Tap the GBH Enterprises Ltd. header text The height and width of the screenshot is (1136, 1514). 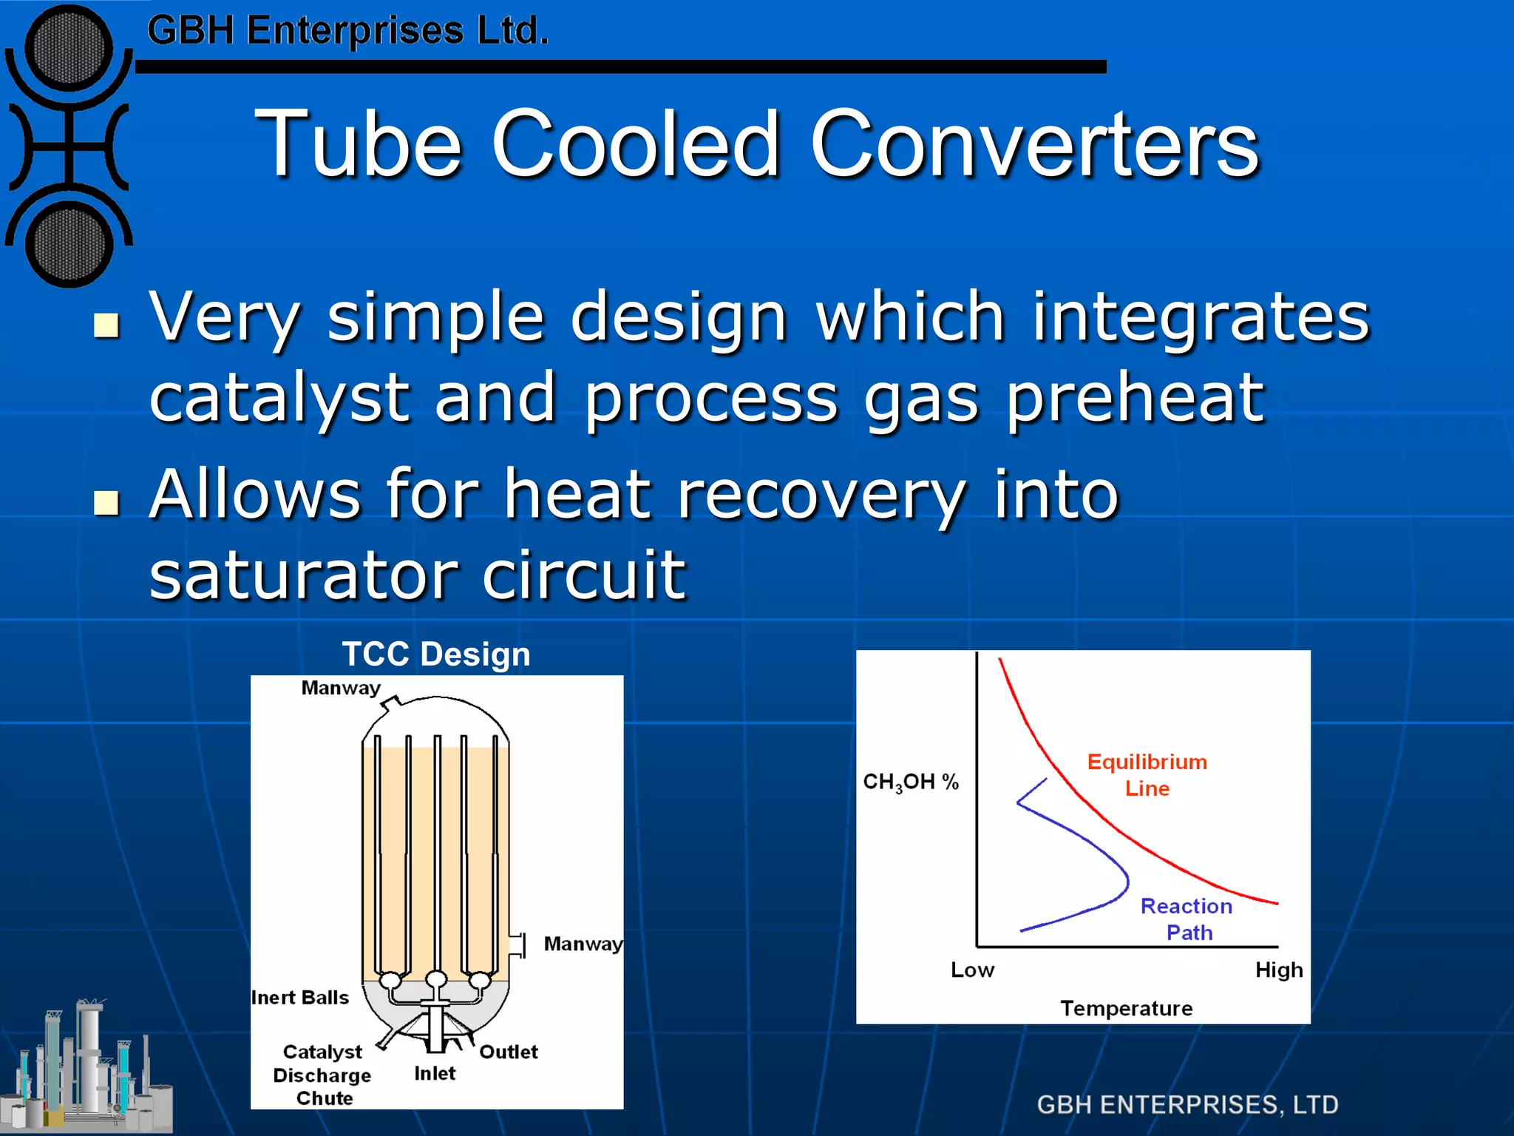[x=347, y=31]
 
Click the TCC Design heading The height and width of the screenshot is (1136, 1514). [x=436, y=655]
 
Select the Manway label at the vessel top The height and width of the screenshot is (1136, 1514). [x=341, y=689]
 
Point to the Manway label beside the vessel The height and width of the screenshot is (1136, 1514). [x=583, y=944]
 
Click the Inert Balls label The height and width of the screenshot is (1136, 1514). [x=300, y=998]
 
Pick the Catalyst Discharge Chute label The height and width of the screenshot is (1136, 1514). [x=323, y=1075]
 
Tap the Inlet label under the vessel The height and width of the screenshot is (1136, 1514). [x=435, y=1074]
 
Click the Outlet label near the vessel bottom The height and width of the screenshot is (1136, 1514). [x=509, y=1052]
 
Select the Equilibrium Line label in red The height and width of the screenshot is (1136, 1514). [x=1147, y=775]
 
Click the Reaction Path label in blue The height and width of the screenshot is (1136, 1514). [x=1187, y=919]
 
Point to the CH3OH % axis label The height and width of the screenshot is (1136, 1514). [x=911, y=782]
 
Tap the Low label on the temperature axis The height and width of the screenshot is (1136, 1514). [x=972, y=970]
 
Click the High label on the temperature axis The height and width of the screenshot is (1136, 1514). [x=1279, y=970]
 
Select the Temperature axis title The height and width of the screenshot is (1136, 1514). [x=1127, y=1009]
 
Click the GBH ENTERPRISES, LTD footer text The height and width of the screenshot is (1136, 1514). [x=1187, y=1105]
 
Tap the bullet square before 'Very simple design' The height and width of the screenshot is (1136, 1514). [x=107, y=325]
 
